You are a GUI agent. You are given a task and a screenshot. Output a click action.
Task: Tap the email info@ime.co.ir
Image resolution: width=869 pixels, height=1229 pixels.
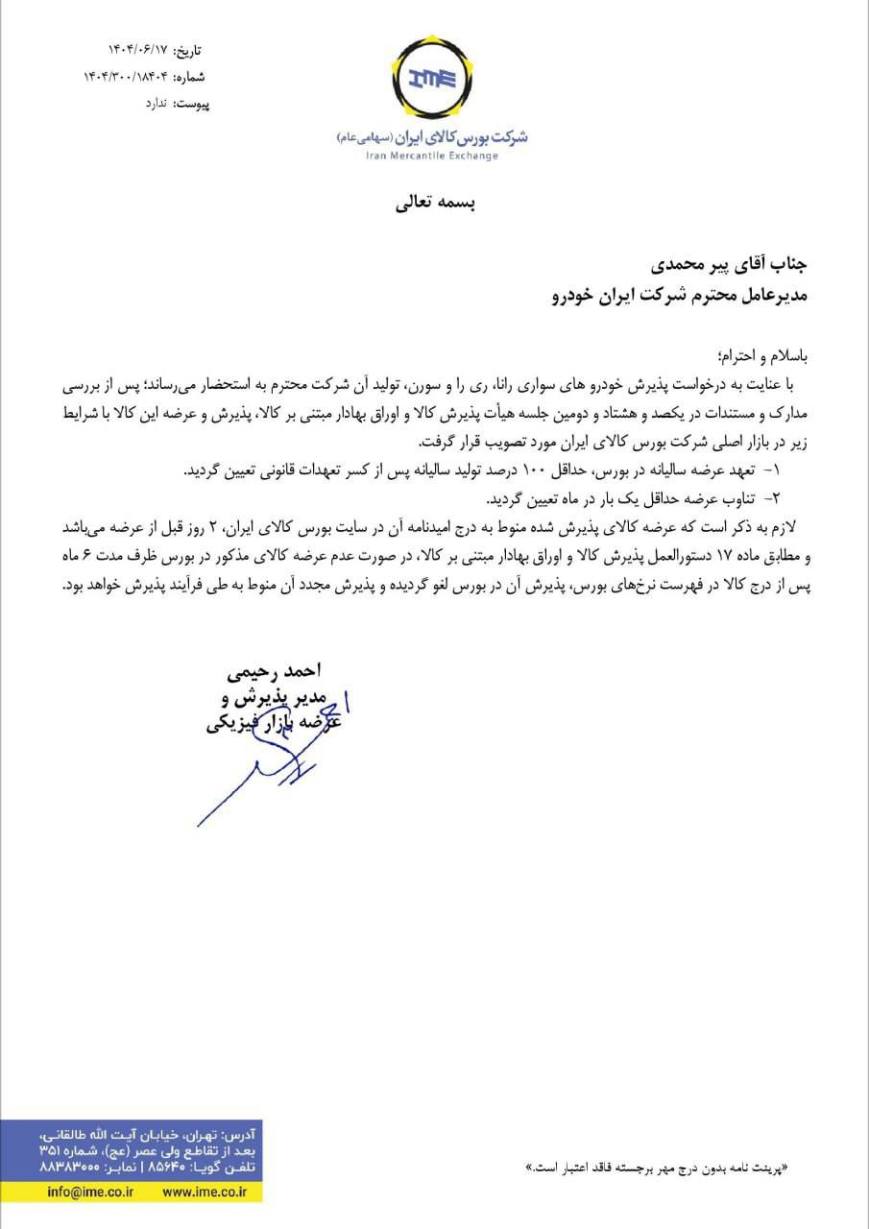(x=90, y=1192)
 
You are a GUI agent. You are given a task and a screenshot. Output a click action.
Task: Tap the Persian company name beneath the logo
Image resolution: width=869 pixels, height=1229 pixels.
(x=432, y=137)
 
